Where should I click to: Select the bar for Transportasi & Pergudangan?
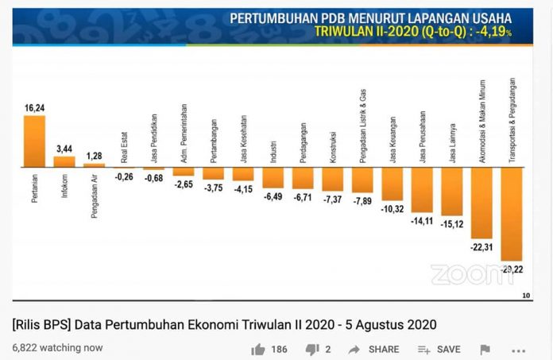[511, 215]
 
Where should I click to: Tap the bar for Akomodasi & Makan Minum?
[481, 203]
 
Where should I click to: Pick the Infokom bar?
[64, 162]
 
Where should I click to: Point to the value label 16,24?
[35, 106]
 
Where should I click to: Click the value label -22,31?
[481, 247]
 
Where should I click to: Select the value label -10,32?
[393, 208]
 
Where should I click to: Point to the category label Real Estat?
[125, 149]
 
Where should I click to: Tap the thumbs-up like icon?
[258, 349]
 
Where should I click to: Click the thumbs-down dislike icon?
[312, 349]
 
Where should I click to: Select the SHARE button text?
[384, 350]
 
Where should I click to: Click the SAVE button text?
[448, 350]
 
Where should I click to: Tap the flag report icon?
[485, 349]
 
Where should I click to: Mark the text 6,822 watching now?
[57, 347]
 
